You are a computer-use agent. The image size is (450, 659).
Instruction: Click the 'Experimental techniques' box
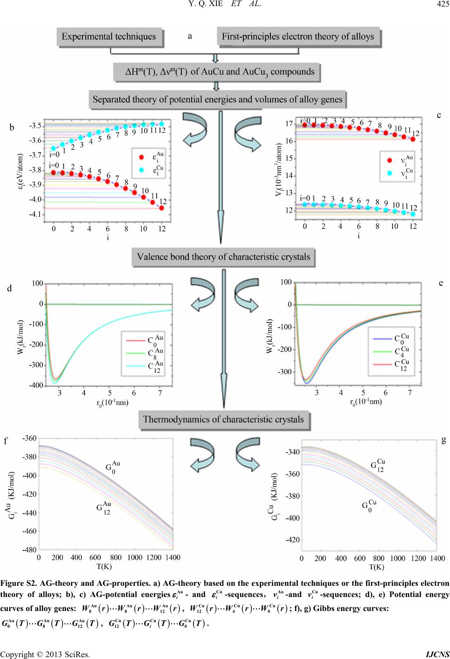(109, 36)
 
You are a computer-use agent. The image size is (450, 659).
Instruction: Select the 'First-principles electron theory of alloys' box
(298, 36)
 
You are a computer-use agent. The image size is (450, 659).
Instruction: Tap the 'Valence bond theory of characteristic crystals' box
(223, 257)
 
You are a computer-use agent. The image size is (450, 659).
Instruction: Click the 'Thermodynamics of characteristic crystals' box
(223, 419)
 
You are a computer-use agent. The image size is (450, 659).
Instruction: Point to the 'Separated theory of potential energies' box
(217, 99)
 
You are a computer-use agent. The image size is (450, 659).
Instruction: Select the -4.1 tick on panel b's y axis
(35, 214)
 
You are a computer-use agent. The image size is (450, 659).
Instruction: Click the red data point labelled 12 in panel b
(161, 208)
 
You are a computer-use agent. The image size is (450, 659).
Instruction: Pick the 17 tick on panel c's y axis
(289, 124)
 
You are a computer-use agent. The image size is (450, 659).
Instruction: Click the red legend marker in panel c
(390, 160)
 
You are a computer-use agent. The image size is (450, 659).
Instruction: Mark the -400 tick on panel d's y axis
(37, 386)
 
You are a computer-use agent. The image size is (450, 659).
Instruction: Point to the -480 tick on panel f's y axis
(30, 549)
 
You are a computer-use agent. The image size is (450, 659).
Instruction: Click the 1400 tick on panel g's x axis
(437, 558)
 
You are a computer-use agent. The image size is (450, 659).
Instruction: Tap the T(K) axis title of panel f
(104, 566)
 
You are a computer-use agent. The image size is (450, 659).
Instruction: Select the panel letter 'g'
(443, 439)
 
